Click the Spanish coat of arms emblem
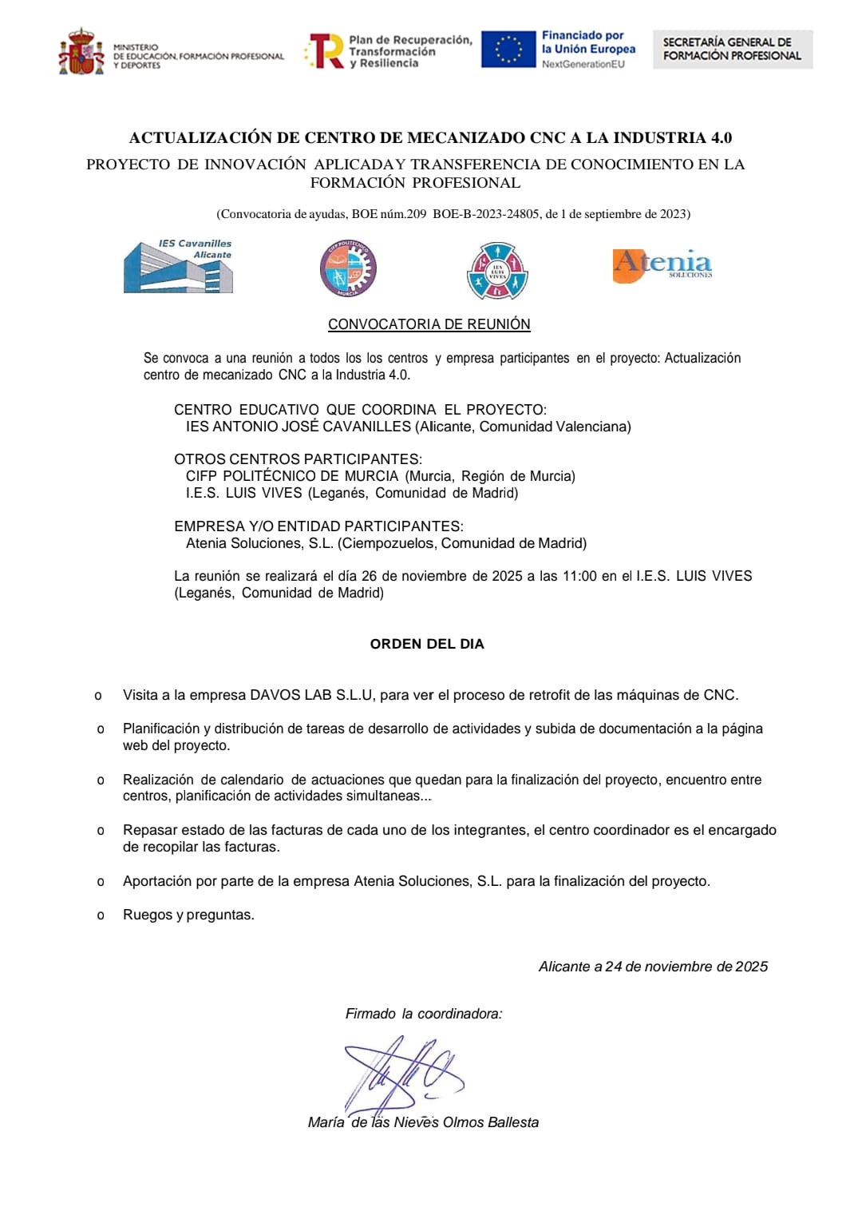click(81, 53)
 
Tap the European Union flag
click(508, 50)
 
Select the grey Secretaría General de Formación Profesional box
click(732, 50)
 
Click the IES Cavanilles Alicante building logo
click(178, 267)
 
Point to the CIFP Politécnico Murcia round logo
click(348, 268)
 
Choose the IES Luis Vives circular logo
click(496, 272)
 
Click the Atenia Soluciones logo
click(662, 264)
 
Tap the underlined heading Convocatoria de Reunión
click(429, 324)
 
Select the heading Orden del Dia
click(427, 644)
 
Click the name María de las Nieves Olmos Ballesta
click(423, 1122)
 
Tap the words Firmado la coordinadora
click(424, 1014)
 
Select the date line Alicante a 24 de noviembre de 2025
click(653, 967)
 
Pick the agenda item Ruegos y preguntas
click(188, 915)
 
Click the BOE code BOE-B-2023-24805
click(485, 214)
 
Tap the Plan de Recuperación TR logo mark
click(326, 51)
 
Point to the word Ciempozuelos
click(388, 543)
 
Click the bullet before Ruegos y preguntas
click(101, 915)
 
